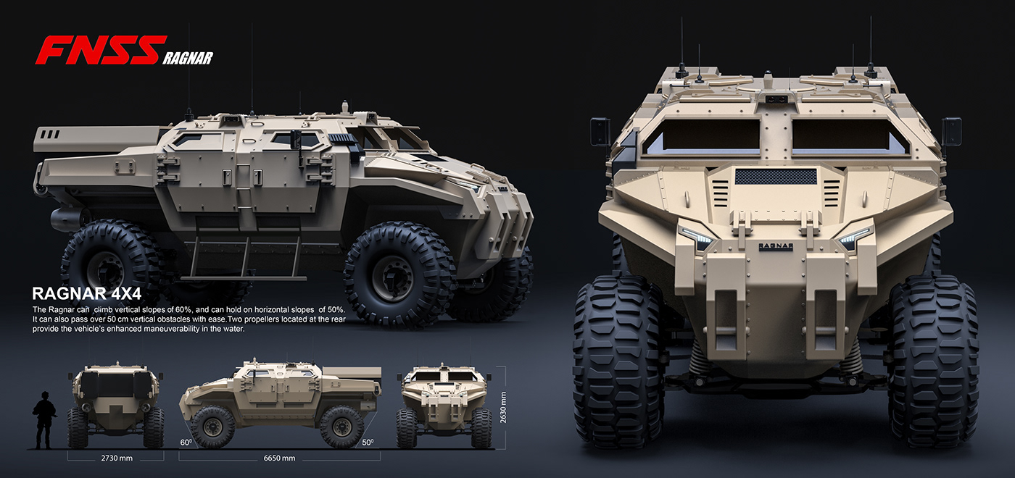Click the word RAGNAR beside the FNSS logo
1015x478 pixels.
[188, 58]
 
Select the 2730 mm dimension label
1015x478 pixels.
[116, 458]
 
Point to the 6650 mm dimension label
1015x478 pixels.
[279, 458]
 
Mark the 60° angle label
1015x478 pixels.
[186, 442]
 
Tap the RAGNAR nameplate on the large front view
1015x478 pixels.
[775, 246]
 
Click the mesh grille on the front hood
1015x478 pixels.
[776, 177]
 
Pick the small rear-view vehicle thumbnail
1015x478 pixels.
[116, 406]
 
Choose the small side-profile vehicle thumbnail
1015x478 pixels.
[279, 402]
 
